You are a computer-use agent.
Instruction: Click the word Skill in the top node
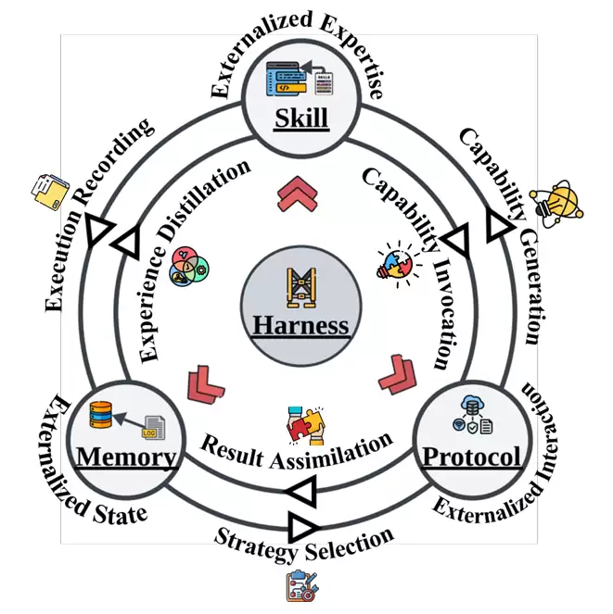[x=301, y=119]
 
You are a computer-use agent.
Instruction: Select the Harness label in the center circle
[x=301, y=325]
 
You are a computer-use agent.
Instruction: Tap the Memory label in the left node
[x=126, y=457]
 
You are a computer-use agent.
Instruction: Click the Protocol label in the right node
[x=471, y=457]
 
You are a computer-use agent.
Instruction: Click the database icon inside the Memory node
[x=101, y=415]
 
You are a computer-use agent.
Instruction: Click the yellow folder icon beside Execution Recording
[x=48, y=192]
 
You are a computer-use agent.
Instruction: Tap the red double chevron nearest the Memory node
[x=205, y=384]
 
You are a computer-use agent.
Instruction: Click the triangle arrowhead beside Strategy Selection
[x=302, y=527]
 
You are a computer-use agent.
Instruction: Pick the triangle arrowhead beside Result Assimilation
[x=300, y=492]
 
